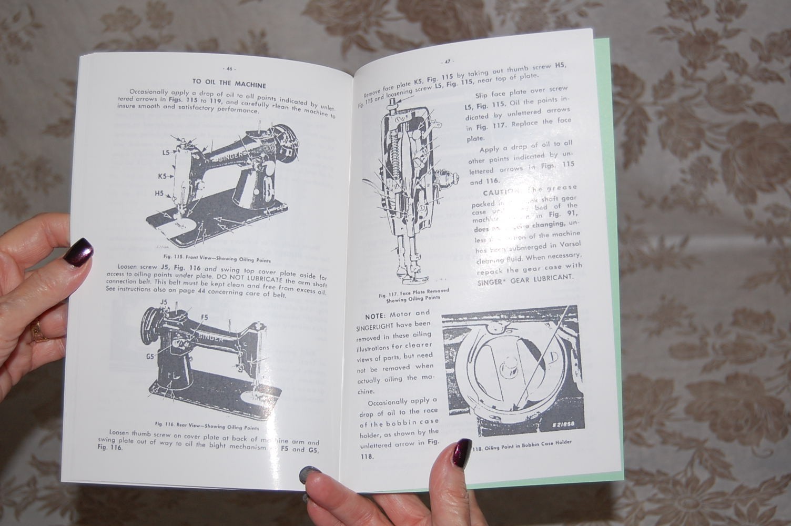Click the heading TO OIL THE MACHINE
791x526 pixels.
[x=229, y=84]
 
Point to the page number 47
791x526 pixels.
[x=448, y=61]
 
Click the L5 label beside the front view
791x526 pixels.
[x=166, y=153]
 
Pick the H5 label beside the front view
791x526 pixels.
[x=159, y=194]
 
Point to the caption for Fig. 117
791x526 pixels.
[x=414, y=296]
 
